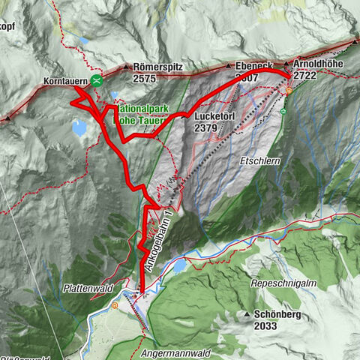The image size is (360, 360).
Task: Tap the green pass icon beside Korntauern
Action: click(96, 80)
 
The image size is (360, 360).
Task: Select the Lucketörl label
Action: click(215, 117)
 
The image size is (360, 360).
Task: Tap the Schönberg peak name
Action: click(277, 315)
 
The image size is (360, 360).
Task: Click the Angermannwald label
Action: click(175, 351)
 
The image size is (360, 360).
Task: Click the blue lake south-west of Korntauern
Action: click(79, 128)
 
